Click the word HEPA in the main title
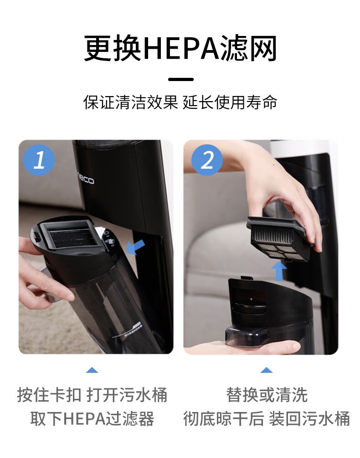coord(182,48)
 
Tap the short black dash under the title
coord(181,79)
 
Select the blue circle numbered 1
coord(39,160)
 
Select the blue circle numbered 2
coord(207,160)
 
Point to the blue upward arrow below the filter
coord(279,271)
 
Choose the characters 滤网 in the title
coord(248,48)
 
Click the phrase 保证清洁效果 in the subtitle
coord(131,102)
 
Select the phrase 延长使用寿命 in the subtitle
coord(230,102)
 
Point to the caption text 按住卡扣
coord(49,395)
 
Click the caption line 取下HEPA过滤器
coord(92,418)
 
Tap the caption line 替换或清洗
coord(267,395)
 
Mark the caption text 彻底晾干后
coord(223,418)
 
